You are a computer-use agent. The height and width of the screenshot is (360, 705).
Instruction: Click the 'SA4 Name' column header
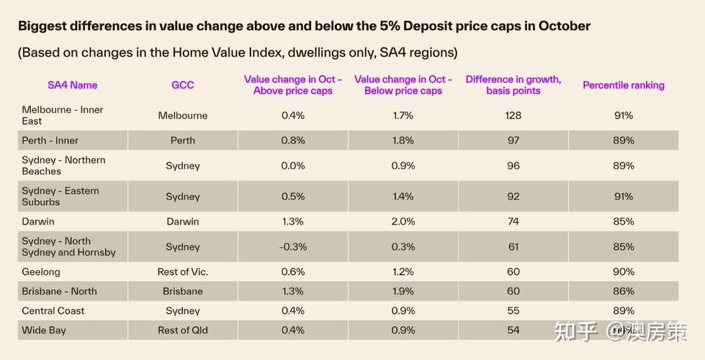tap(72, 85)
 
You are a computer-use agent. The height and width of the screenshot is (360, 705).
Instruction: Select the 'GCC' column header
tap(182, 85)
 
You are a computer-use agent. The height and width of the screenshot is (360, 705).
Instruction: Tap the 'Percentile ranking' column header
tap(623, 85)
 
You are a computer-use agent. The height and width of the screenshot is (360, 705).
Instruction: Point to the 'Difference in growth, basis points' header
tap(513, 85)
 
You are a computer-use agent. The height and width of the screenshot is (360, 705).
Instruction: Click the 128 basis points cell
tap(513, 115)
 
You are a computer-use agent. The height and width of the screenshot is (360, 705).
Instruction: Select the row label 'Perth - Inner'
tap(50, 140)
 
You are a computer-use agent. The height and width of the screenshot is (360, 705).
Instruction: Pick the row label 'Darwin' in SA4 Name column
tap(38, 221)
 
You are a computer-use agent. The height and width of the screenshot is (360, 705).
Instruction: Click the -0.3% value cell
tap(292, 246)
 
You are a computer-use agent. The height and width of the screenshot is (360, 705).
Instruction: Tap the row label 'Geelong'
tap(41, 271)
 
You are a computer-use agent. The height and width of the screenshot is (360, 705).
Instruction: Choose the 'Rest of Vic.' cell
tap(182, 271)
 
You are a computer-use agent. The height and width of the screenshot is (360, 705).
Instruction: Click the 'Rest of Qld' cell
tap(182, 330)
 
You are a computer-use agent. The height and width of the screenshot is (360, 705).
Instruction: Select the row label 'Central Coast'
tap(53, 311)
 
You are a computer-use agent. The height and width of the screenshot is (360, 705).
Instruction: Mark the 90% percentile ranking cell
tap(623, 271)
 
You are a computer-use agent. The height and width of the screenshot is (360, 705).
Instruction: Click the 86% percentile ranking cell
tap(623, 292)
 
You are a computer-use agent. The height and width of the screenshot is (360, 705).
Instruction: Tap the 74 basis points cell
tap(513, 221)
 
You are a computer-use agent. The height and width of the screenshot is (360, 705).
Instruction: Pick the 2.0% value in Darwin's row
tap(403, 221)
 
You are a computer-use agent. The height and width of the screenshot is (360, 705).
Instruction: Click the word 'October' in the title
tap(567, 27)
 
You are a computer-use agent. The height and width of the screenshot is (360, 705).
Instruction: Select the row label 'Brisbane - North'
tap(59, 292)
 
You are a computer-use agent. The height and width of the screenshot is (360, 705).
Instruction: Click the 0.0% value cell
tap(292, 166)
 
